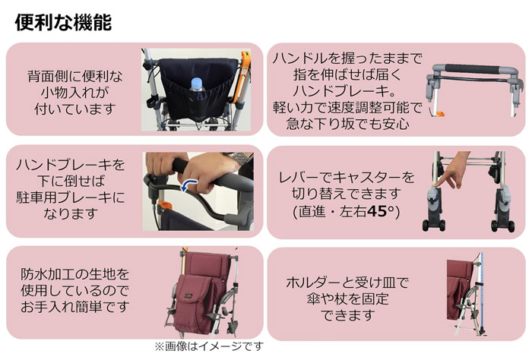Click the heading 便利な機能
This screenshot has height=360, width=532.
(63, 23)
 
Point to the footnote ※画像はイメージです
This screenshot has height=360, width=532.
(209, 346)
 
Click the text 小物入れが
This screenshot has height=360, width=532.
(75, 92)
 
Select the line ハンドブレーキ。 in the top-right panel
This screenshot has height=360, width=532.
(346, 91)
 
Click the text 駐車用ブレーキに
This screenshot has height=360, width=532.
(71, 197)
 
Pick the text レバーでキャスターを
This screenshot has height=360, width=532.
(347, 177)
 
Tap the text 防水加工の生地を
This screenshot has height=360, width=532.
(75, 274)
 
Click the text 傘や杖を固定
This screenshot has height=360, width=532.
(347, 299)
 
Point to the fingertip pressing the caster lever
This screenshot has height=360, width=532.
(436, 184)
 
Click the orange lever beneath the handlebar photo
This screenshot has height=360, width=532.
(439, 114)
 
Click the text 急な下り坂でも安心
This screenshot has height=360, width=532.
(347, 123)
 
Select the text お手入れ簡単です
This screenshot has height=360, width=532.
(75, 307)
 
